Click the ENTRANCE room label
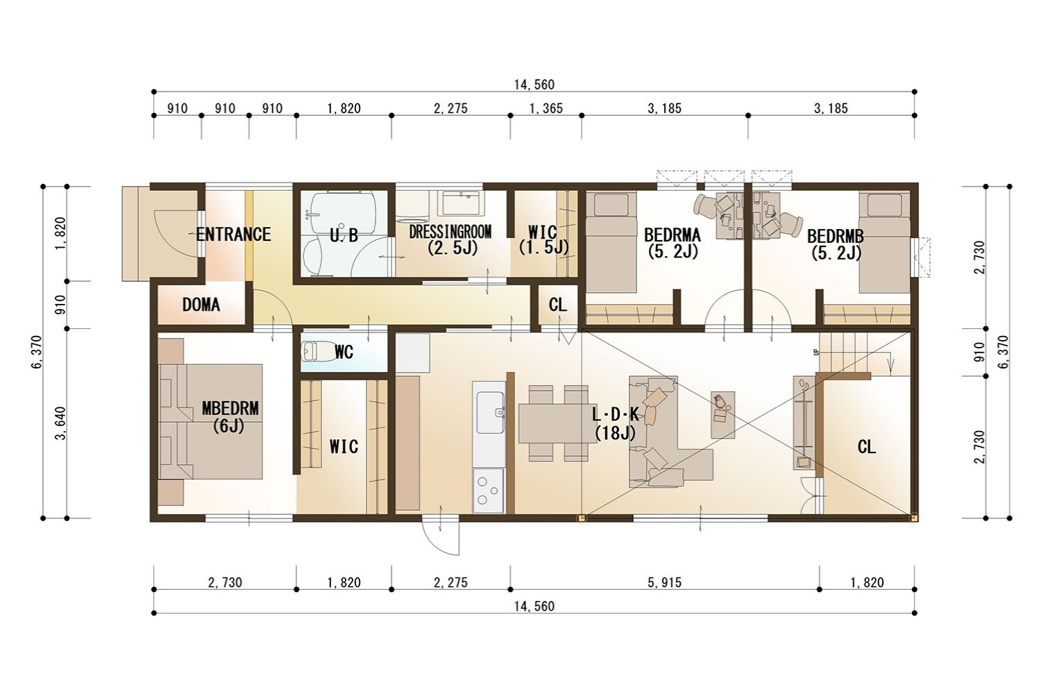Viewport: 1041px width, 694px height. (233, 234)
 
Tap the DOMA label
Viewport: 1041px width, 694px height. (201, 305)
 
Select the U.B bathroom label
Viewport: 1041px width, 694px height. (344, 235)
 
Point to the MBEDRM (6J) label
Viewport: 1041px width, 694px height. (230, 416)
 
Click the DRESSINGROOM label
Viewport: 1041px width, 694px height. (450, 232)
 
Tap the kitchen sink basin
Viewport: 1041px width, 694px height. (490, 412)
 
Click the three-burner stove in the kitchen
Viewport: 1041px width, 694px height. (489, 491)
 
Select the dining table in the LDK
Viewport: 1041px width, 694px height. (557, 423)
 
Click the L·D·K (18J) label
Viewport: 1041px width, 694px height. (616, 423)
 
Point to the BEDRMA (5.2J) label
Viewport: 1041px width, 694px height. (672, 243)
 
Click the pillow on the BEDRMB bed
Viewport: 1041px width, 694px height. (884, 203)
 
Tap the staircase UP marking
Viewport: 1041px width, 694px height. (816, 352)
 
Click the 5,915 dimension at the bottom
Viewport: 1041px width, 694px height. (665, 582)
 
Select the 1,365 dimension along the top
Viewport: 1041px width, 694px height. (546, 108)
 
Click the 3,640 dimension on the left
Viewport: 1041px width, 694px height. (60, 423)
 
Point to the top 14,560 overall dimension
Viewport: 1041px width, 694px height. (534, 85)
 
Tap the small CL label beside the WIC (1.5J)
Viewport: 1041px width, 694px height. (558, 305)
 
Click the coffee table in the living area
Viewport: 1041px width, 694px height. (722, 414)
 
